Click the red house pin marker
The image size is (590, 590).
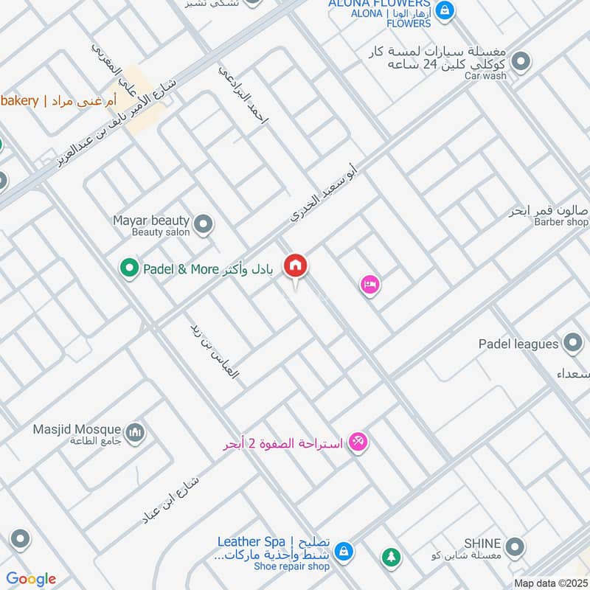[296, 265]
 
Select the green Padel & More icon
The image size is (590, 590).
[130, 268]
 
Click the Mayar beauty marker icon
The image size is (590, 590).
[204, 222]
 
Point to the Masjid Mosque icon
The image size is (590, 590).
[133, 432]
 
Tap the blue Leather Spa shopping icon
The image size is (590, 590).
[343, 551]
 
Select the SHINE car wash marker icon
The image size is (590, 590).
[516, 546]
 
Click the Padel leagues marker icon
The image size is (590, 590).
[572, 343]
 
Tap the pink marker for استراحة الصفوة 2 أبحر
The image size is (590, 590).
[358, 442]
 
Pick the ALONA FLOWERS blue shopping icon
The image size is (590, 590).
[445, 10]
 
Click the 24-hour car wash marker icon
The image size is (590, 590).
[521, 62]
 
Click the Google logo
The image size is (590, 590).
[31, 579]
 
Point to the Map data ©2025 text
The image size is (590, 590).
[550, 583]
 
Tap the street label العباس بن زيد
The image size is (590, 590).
[215, 351]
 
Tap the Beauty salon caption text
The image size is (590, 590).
[161, 232]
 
